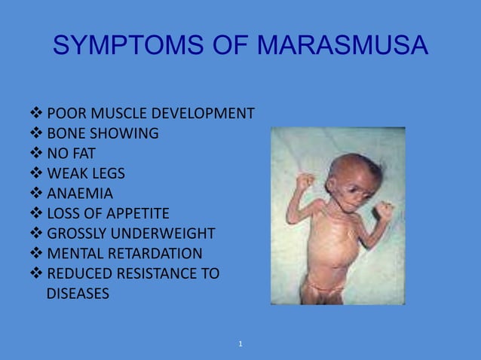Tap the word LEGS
tap(107, 174)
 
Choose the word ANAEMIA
tap(80, 194)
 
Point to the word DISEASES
tap(78, 293)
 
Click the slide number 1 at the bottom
tap(240, 344)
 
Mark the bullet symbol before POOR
tap(36, 114)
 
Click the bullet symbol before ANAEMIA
tap(36, 194)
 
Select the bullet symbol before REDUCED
tap(36, 273)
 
